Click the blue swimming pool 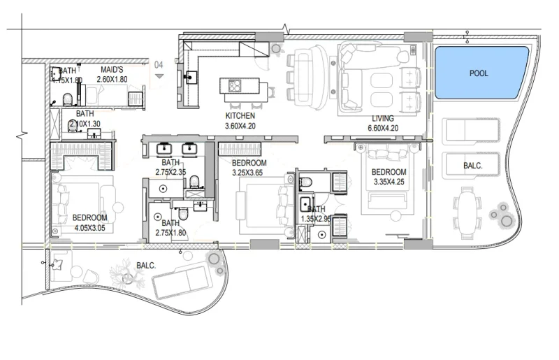[480, 72]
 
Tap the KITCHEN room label [240, 116]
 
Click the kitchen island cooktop [234, 87]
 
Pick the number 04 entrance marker [159, 65]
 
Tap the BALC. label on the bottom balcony [146, 266]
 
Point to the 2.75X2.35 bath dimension [170, 172]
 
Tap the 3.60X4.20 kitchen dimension [240, 127]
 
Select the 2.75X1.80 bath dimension [170, 233]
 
